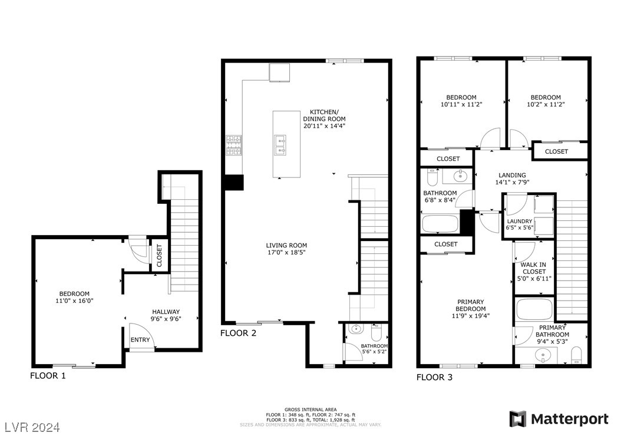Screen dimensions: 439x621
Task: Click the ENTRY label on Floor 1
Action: click(140, 340)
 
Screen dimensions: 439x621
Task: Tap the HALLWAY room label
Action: click(166, 312)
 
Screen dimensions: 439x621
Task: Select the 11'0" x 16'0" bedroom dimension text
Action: click(74, 301)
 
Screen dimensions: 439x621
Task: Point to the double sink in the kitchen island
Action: click(280, 144)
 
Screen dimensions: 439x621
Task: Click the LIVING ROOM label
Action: click(286, 246)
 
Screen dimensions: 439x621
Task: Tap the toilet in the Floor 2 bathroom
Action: click(376, 330)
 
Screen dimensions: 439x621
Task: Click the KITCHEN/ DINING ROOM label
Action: click(324, 118)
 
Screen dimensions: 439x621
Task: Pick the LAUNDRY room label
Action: click(519, 222)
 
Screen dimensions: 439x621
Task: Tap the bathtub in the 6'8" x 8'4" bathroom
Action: click(440, 224)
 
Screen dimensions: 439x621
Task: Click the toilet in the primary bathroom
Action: click(576, 355)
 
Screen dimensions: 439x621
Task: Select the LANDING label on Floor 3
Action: click(511, 175)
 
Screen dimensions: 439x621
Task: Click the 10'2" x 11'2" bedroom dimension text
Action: click(545, 105)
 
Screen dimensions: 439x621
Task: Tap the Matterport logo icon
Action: click(518, 419)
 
